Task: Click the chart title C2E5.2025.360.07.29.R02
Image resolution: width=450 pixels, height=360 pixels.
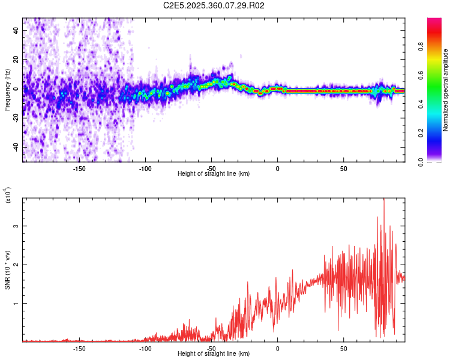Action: click(x=214, y=5)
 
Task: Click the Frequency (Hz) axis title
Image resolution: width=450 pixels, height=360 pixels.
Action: click(x=8, y=90)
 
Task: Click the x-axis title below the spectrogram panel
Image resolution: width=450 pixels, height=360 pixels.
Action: click(x=214, y=174)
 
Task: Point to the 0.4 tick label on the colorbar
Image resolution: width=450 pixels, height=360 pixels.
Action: click(x=438, y=104)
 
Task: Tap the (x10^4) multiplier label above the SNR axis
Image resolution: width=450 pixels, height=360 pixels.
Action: click(x=8, y=195)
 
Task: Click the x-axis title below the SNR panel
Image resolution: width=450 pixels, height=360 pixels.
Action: click(x=214, y=354)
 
